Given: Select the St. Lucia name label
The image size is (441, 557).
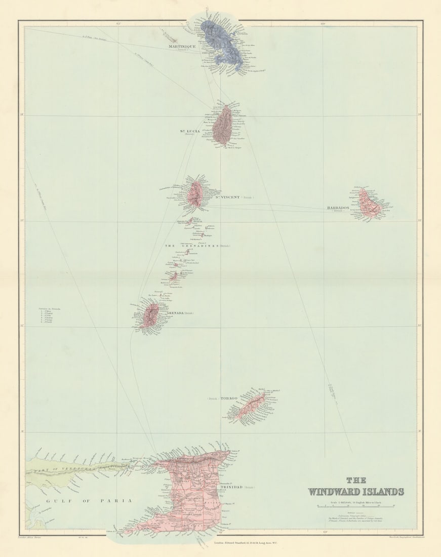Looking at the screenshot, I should [186, 131].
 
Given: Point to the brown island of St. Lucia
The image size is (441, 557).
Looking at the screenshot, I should [222, 127].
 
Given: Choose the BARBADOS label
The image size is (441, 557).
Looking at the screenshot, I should [337, 208].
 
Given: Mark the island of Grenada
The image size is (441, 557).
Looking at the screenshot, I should [150, 315].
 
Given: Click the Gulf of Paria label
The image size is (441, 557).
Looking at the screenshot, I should [89, 500].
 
